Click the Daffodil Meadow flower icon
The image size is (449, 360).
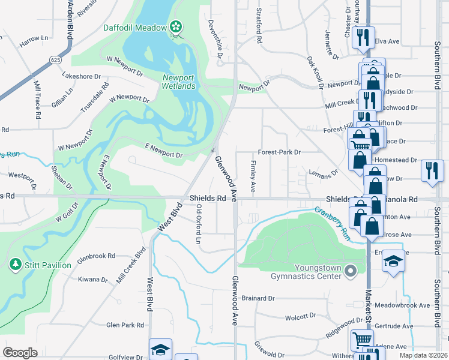pos(175,26)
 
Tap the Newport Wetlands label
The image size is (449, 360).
pos(179,82)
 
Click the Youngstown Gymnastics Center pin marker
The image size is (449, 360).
pos(352,272)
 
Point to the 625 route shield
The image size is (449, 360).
pos(56,60)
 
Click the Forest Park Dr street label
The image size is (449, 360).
pos(279,152)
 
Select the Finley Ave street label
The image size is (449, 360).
pos(253,176)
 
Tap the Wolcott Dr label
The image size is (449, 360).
pos(301,316)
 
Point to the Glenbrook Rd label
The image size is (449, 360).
pos(96,256)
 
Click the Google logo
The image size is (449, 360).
pos(20,353)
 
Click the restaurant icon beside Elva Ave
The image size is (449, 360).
pos(363,37)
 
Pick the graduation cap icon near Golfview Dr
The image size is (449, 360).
pos(160,350)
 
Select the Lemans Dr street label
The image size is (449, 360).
pos(319,175)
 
